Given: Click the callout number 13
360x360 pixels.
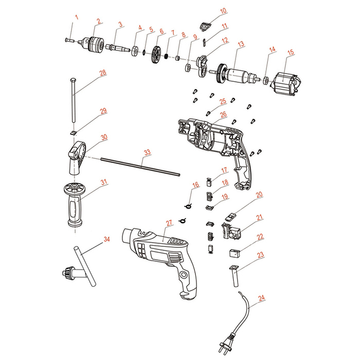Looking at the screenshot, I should [x=240, y=45].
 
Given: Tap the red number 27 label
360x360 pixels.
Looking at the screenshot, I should [x=168, y=223].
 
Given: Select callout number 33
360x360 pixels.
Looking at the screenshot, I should [x=147, y=152].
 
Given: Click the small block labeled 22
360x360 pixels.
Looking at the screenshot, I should [x=235, y=253].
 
